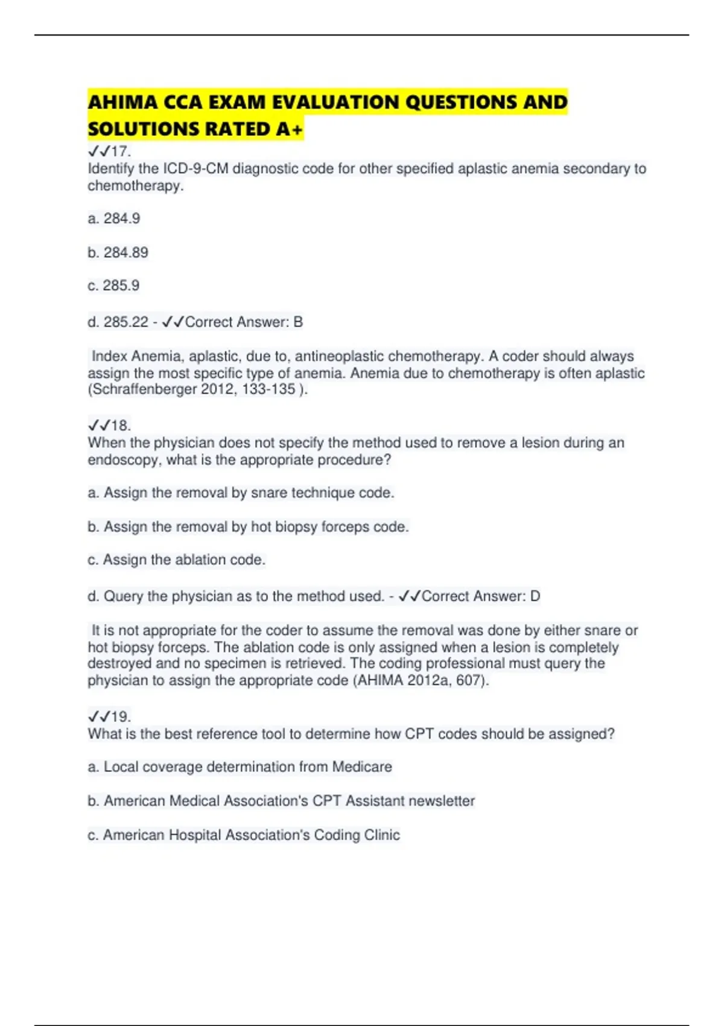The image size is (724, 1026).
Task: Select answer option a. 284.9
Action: (114, 218)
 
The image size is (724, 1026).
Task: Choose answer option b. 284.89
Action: (118, 252)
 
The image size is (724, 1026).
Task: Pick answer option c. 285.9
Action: (113, 285)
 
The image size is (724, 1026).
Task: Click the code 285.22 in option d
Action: (125, 322)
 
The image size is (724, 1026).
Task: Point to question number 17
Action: (120, 151)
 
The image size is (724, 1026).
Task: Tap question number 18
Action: (120, 425)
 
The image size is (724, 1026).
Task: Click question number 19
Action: (120, 717)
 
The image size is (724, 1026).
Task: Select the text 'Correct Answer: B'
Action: (244, 322)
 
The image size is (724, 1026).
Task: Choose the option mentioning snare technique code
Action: (241, 493)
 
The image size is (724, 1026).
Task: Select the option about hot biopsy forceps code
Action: (249, 527)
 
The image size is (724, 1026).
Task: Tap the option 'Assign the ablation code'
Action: (177, 560)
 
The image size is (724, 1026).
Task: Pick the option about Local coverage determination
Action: (240, 767)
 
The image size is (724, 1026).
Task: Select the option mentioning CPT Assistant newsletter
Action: (282, 801)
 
